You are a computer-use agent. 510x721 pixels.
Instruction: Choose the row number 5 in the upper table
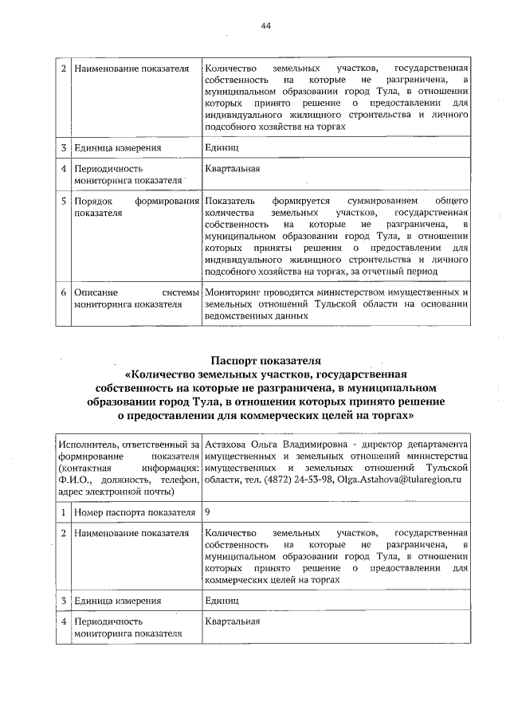pyautogui.click(x=63, y=202)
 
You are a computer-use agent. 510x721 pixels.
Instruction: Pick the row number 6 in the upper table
pyautogui.click(x=63, y=292)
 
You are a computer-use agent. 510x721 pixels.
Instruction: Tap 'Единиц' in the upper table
pyautogui.click(x=221, y=147)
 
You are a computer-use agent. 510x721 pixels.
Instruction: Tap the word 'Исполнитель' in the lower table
pyautogui.click(x=90, y=442)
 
